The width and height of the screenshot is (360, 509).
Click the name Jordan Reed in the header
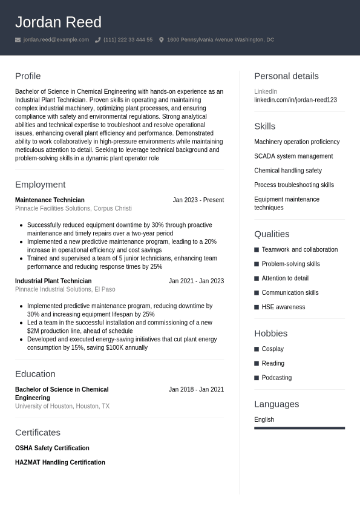coord(58,22)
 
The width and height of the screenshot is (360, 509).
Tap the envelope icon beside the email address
coord(18,40)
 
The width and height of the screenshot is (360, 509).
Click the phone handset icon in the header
coord(97,40)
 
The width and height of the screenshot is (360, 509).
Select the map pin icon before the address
coord(162,40)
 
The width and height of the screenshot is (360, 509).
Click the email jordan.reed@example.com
coord(56,40)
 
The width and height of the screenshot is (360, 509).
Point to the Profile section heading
coord(28,76)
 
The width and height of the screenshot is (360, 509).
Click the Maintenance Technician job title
coord(50,200)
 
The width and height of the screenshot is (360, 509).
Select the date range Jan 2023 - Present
coord(198,200)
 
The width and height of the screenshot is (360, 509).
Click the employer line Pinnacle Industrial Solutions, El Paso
coord(65,289)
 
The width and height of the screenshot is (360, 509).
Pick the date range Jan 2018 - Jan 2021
coord(196,390)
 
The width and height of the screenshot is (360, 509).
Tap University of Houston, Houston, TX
coord(62,407)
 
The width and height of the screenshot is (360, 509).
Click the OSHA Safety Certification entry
coord(52,448)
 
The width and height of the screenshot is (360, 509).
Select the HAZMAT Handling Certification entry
coord(60,463)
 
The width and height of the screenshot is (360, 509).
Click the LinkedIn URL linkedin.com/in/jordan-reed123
coord(295,100)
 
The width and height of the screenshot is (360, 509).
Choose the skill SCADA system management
coord(293,156)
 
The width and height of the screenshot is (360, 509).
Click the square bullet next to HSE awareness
coord(257,307)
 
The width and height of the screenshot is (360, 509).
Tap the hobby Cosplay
coord(272,349)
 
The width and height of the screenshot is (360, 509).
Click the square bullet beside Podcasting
coord(257,378)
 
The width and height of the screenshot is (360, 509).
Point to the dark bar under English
coord(299,428)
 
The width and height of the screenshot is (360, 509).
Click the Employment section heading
coord(40,185)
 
